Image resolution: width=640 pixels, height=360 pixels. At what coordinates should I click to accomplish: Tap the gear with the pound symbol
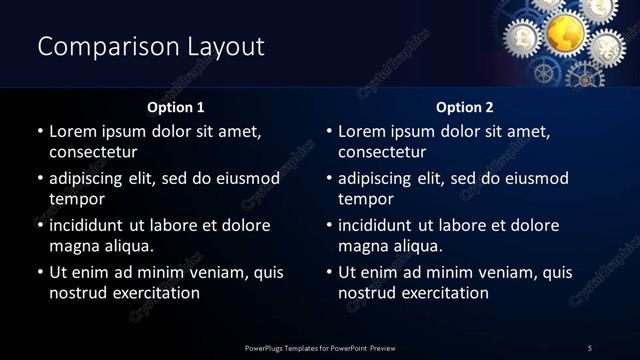(x=523, y=37)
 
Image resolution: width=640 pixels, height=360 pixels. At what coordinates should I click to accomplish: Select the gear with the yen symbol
(x=607, y=46)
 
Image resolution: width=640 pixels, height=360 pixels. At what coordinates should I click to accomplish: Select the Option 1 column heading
(x=176, y=107)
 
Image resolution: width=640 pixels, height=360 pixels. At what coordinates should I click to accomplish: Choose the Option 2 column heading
(x=465, y=107)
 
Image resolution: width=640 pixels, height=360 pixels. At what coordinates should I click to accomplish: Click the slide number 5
(x=590, y=347)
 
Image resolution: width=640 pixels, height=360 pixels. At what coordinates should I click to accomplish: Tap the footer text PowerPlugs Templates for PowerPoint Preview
(x=320, y=347)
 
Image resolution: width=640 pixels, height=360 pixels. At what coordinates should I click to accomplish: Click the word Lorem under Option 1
(x=73, y=131)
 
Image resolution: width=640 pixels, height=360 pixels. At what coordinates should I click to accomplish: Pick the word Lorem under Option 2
(x=362, y=131)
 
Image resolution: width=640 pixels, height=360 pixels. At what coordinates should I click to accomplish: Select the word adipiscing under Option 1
(x=93, y=178)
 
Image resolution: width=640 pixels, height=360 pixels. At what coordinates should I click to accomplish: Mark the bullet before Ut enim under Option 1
(x=40, y=272)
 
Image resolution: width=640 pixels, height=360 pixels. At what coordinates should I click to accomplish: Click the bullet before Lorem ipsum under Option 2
(x=329, y=131)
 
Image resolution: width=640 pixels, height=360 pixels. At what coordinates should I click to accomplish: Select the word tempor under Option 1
(x=76, y=199)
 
